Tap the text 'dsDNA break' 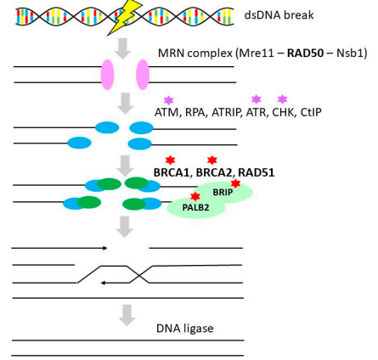pos(279,15)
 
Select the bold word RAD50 pos(305,53)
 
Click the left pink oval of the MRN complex pos(108,75)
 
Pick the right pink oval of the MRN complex pos(143,75)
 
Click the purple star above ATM pos(169,100)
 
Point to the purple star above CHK pos(282,99)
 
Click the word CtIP pos(311,112)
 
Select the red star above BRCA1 pos(170,160)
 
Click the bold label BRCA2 pos(214,172)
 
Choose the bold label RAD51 pos(257,172)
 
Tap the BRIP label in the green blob pos(223,193)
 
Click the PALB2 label pos(195,207)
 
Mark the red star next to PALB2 pos(195,196)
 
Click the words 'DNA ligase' pos(185,329)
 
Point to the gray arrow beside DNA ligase pos(127,315)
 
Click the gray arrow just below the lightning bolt pos(122,49)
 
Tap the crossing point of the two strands pos(138,274)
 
